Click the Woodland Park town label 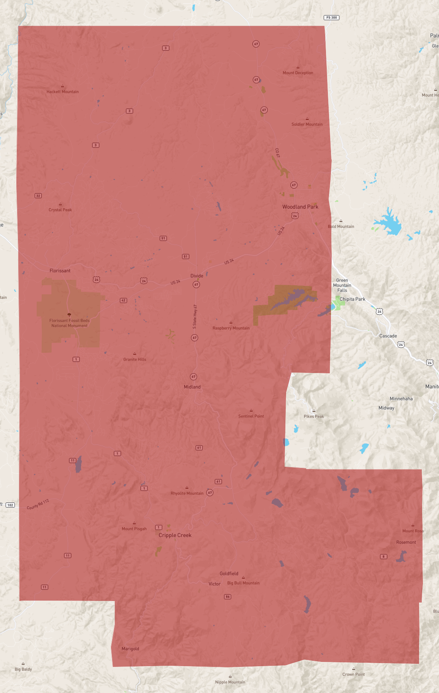coord(300,207)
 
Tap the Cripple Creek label coord(175,535)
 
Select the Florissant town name coord(60,271)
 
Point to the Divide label coord(197,276)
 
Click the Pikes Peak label coord(314,416)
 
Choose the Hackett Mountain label coord(62,92)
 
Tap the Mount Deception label coord(298,73)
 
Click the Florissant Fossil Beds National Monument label coord(69,323)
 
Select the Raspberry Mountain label coord(231,328)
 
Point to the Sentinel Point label coord(251,416)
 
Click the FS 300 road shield coord(331,18)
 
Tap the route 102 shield coord(10,505)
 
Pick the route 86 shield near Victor coord(228,597)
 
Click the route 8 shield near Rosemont coord(383,557)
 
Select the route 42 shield coord(123,301)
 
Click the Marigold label coord(130,649)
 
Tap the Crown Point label coord(353,674)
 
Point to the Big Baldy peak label coord(23,669)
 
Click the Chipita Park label coord(352,299)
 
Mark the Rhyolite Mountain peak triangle coord(187,488)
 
